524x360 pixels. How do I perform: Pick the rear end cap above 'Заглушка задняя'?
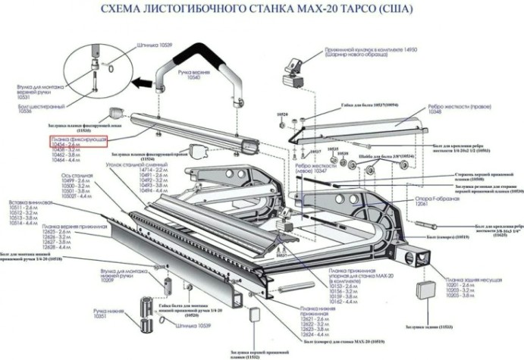point(425,291)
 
